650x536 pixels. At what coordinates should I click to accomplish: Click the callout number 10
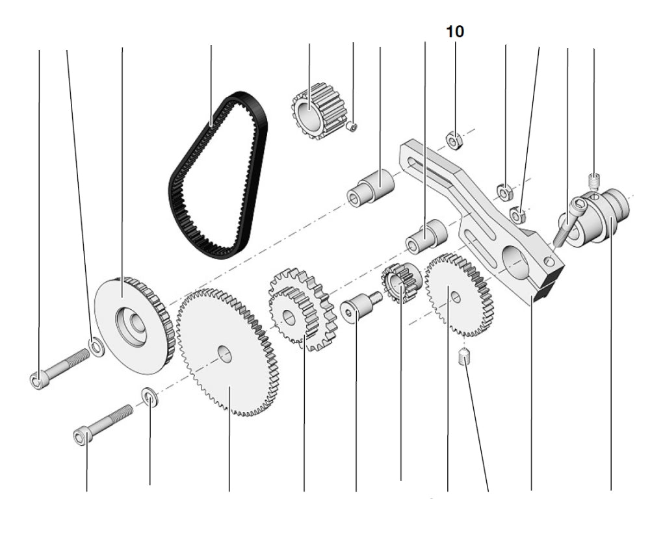pyautogui.click(x=455, y=32)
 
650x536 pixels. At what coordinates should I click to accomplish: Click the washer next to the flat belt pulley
pyautogui.click(x=96, y=348)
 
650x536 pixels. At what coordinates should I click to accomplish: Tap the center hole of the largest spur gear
pyautogui.click(x=224, y=354)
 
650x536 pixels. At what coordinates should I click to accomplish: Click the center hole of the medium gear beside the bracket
pyautogui.click(x=456, y=297)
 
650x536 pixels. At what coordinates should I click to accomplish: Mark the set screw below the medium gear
pyautogui.click(x=464, y=357)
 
